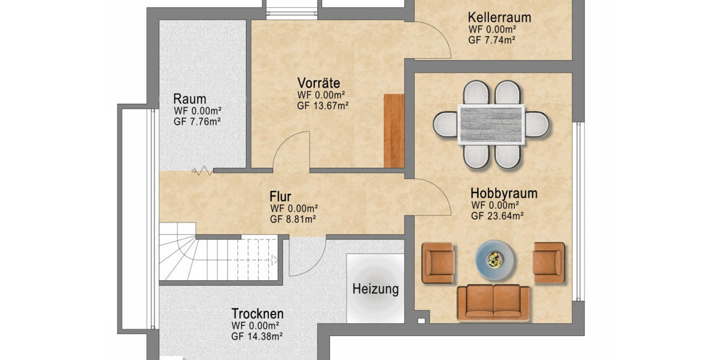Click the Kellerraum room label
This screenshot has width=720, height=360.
(499, 17)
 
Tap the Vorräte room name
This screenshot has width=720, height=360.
(319, 83)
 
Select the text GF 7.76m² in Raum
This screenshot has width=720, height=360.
(197, 121)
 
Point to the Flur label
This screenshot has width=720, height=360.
(280, 196)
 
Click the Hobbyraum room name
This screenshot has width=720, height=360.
(503, 194)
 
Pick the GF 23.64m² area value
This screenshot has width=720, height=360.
(497, 217)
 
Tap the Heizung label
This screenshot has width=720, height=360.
(375, 289)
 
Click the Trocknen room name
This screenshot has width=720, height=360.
(257, 314)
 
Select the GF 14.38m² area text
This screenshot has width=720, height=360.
(257, 337)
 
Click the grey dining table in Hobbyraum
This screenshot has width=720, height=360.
(491, 124)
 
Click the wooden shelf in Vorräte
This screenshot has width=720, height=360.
(394, 130)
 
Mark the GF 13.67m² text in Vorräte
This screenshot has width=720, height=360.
(323, 105)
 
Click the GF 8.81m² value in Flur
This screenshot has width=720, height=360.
(293, 219)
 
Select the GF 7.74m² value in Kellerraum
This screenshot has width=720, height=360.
(492, 40)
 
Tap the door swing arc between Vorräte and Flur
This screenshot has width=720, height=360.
(290, 151)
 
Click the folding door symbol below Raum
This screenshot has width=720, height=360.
(203, 172)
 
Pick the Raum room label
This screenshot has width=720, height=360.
(190, 98)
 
